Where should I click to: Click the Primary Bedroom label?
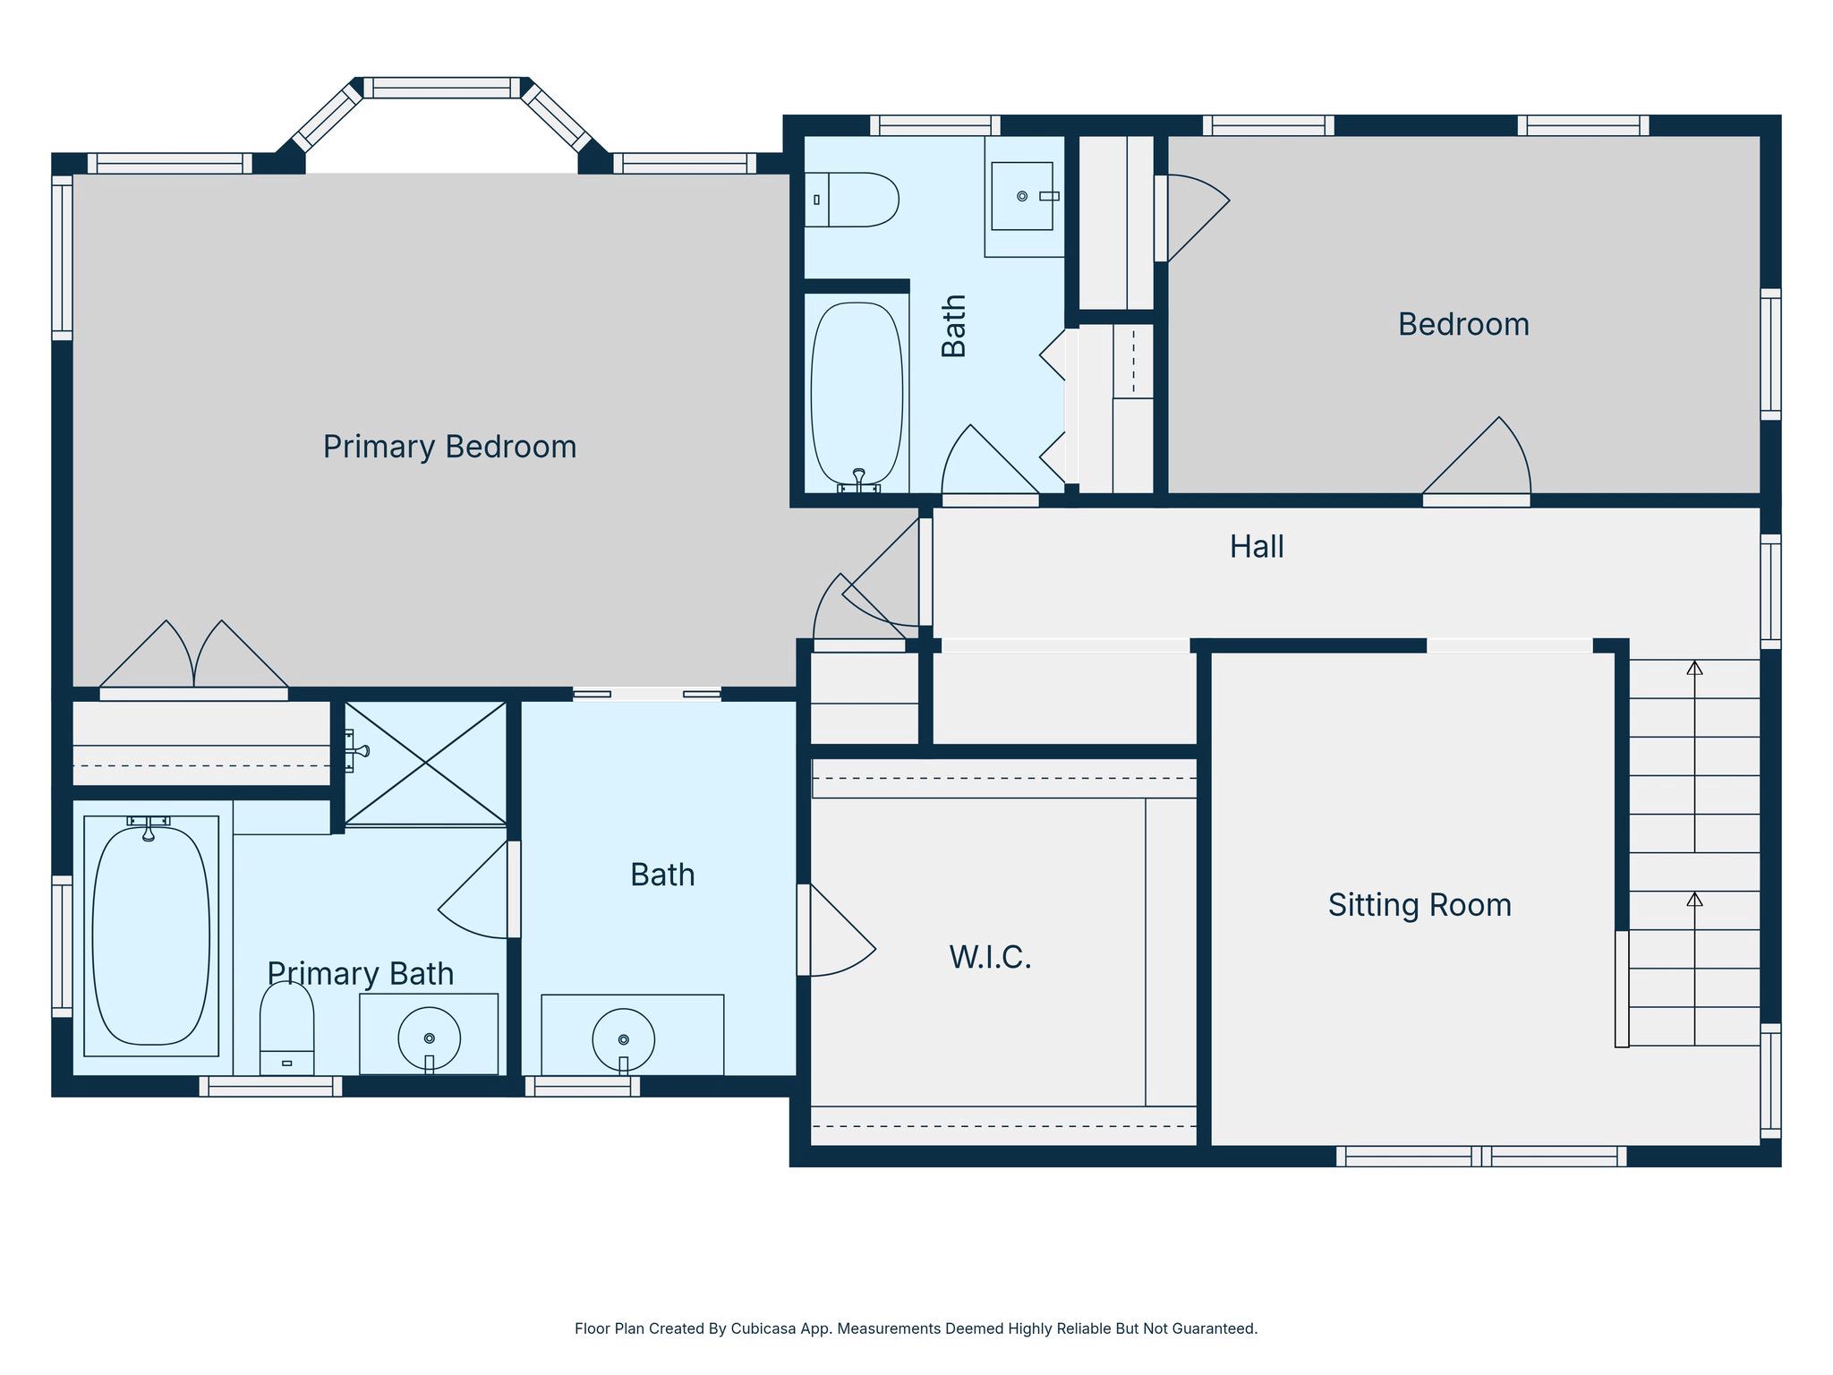tap(449, 447)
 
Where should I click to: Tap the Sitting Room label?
tap(1420, 905)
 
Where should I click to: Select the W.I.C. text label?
tap(990, 958)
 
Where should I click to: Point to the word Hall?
tap(1257, 547)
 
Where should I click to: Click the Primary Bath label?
tap(361, 974)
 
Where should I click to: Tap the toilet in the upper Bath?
tap(851, 200)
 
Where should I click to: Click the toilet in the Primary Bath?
tap(286, 1028)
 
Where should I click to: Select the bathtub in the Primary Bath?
tap(151, 935)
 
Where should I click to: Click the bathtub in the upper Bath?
tap(857, 394)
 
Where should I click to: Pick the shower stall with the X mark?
tap(425, 763)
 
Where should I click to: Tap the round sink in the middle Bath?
tap(623, 1039)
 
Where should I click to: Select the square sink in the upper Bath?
tap(1022, 196)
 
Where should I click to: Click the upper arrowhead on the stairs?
tap(1694, 668)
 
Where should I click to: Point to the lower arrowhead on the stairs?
tap(1694, 899)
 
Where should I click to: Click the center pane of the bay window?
tap(442, 88)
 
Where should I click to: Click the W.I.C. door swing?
tap(837, 935)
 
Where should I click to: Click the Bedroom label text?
tap(1463, 324)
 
